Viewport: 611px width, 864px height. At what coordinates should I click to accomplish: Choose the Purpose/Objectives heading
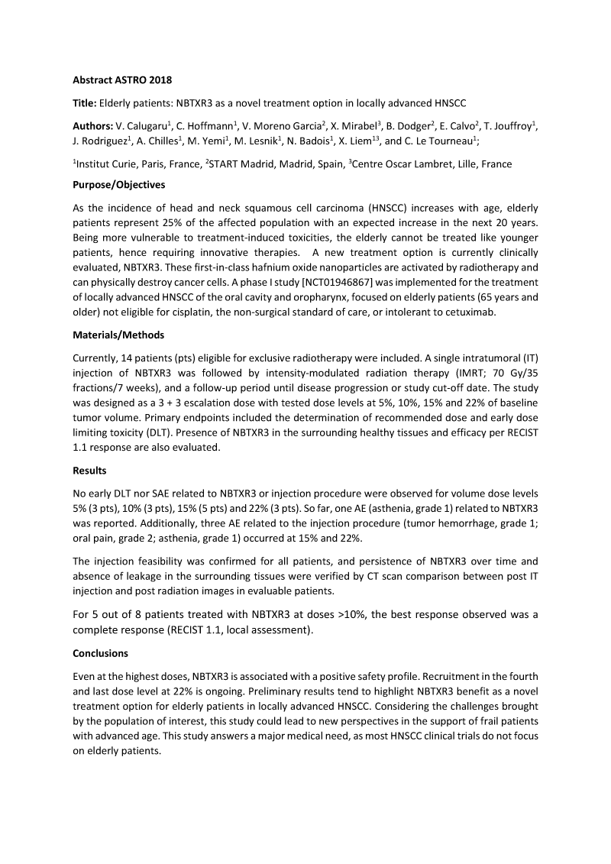pyautogui.click(x=118, y=185)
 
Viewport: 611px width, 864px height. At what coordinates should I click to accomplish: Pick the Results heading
pyautogui.click(x=89, y=471)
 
